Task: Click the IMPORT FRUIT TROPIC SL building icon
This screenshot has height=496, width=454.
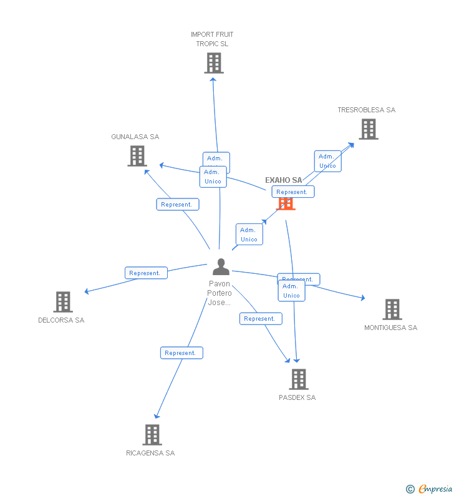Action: coord(213,63)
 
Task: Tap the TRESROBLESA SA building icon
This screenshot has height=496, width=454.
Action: coord(369,129)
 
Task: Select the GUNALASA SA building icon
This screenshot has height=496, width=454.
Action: coord(137,156)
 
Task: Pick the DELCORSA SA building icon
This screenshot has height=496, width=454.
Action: coord(63,302)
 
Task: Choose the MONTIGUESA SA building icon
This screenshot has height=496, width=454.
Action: coord(392,309)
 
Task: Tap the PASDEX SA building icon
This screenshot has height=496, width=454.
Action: coord(299,379)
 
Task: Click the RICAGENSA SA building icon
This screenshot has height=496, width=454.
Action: coord(152,435)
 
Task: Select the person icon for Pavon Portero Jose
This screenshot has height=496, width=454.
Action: coord(221,267)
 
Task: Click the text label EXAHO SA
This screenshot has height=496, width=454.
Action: coord(283,180)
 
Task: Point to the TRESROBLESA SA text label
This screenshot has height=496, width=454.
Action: coord(366,110)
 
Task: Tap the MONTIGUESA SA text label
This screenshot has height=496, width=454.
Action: coord(390,328)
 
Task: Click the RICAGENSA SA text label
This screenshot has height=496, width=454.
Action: coord(150,453)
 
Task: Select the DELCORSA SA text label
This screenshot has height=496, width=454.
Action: coord(61,320)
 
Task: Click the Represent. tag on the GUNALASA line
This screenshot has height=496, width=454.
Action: coord(177,205)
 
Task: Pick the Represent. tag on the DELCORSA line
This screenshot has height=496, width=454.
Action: coord(146,273)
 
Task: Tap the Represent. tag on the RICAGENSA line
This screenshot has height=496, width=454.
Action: coord(181,353)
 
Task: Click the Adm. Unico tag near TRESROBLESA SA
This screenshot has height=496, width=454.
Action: coord(327,161)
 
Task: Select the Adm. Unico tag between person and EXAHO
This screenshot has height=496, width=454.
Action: coord(249,235)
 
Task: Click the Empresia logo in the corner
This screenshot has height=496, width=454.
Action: coord(430,489)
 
